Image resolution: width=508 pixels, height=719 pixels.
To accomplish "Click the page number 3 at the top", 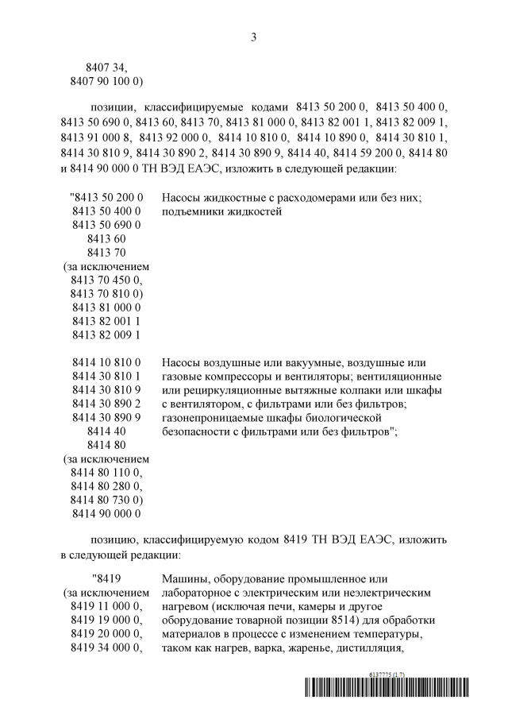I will tap(253, 37).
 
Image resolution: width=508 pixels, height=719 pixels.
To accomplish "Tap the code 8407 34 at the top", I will tap(106, 68).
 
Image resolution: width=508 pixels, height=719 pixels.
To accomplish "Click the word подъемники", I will tap(193, 211).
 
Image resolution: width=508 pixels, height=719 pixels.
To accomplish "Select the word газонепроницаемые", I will tap(215, 417).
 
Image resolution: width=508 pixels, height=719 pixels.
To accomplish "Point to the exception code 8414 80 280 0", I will tap(106, 485).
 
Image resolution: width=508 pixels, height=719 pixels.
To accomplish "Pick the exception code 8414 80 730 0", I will tap(106, 499).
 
